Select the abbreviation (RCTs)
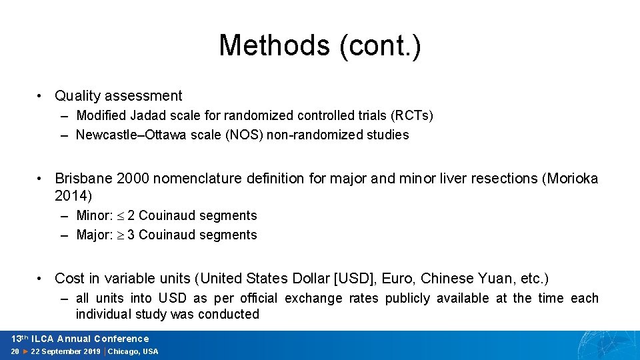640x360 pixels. [x=412, y=115]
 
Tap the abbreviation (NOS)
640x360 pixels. [x=244, y=135]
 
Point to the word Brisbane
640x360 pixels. [x=84, y=179]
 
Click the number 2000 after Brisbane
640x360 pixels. [x=133, y=179]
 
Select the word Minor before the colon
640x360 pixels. [x=93, y=215]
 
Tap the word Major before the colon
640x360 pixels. [x=93, y=235]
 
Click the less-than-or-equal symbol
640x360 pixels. [x=121, y=216]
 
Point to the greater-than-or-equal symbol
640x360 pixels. [x=121, y=235]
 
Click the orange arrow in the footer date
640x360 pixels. [x=25, y=351]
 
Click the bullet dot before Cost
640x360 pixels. [x=39, y=279]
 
